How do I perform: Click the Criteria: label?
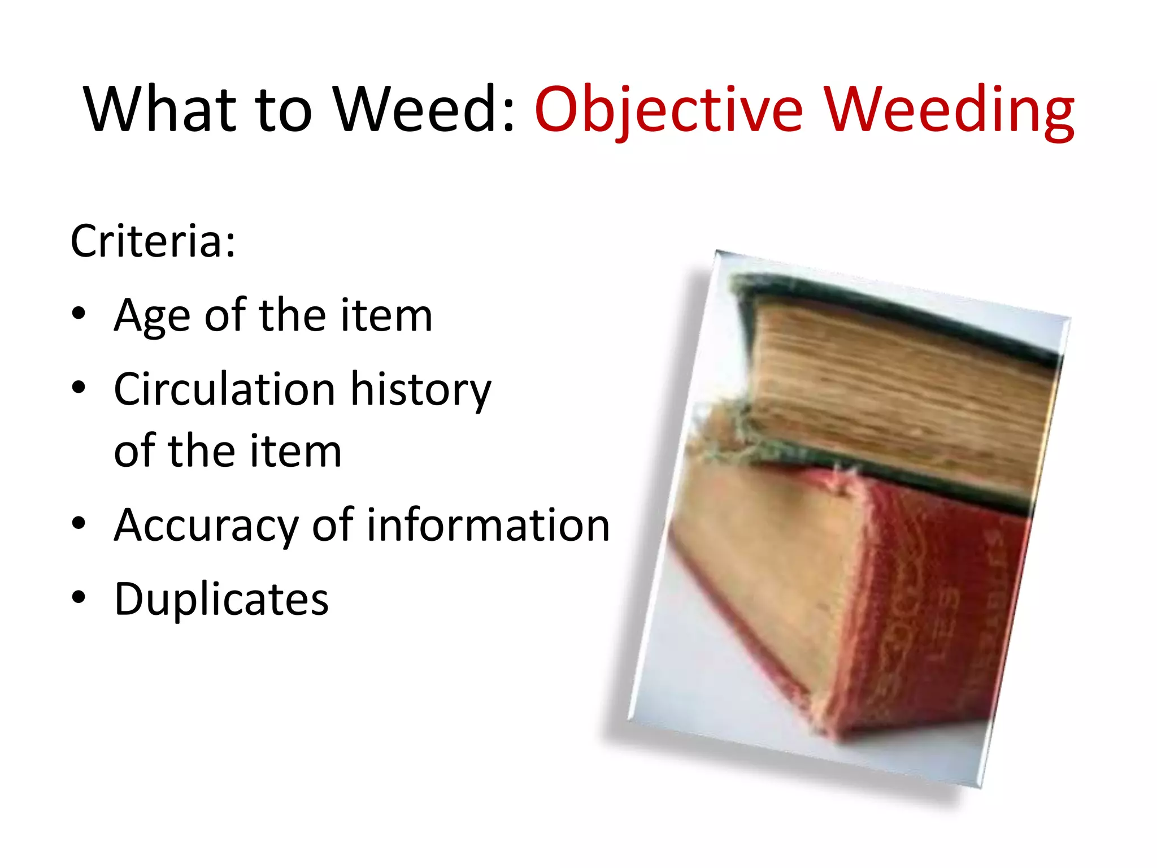(153, 241)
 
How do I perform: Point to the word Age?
(151, 315)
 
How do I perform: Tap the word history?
(420, 389)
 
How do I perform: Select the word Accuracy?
(206, 525)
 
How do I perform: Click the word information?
(488, 525)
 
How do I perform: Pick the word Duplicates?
(221, 599)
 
